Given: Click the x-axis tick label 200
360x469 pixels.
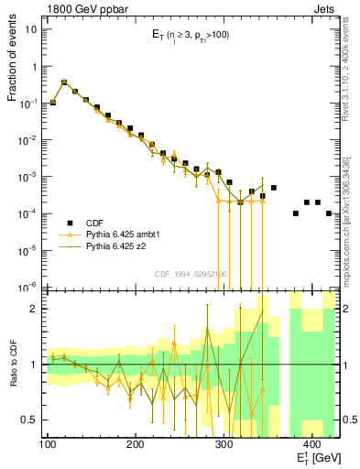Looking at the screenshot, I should point(135,444).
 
